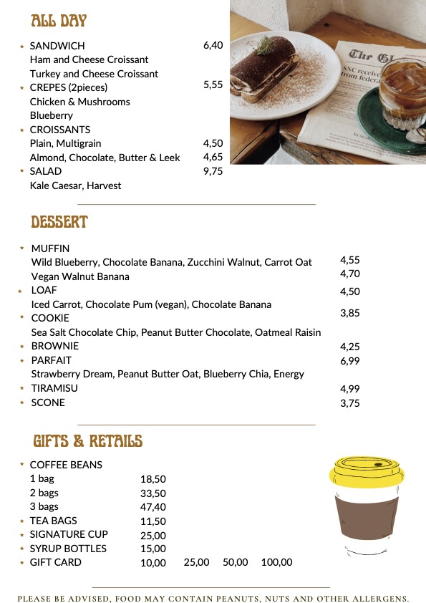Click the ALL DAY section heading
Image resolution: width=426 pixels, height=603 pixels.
pos(59,21)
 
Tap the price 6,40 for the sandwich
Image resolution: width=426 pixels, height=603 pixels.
pos(213,45)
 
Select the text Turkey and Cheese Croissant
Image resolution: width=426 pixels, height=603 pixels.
pos(94,74)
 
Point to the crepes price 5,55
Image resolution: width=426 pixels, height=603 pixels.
pos(213,85)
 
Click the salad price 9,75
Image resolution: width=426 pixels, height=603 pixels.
pos(213,171)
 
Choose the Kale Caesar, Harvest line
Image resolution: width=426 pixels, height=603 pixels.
pos(75,185)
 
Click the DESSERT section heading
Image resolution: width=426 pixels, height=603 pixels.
pos(59,222)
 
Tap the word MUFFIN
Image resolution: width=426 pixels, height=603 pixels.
pos(50,249)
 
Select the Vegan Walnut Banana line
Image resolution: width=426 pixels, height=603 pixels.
pos(80,276)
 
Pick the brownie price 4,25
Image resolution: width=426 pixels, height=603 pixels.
pos(350,347)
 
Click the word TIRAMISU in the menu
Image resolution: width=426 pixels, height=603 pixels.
pos(54,388)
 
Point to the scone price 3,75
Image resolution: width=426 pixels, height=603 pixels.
pos(350,403)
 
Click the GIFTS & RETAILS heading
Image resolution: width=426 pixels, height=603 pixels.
pos(88,440)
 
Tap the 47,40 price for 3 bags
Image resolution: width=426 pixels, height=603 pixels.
pos(153,507)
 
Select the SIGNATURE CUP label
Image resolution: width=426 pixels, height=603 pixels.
pos(69,534)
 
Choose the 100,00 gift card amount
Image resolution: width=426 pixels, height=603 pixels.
pos(276,563)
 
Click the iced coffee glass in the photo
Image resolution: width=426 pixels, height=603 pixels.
pos(401,90)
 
